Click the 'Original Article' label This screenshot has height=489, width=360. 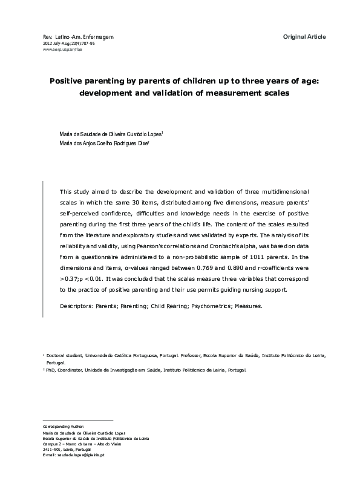coord(304,37)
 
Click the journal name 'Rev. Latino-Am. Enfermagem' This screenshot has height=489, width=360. coord(78,38)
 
